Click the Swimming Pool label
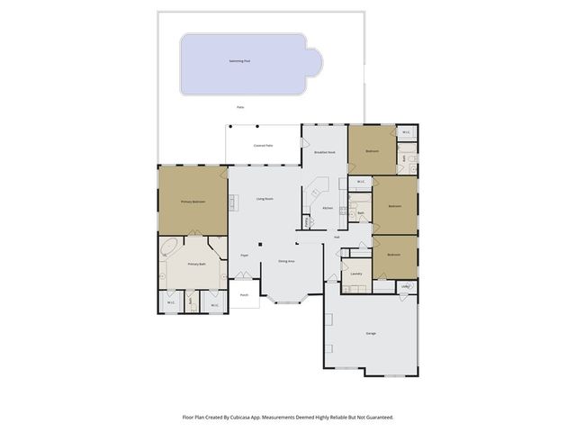tap(241, 60)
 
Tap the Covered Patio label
tap(263, 145)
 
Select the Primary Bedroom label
tap(193, 202)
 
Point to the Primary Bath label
tap(196, 265)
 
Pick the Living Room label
tap(265, 198)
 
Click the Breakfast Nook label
tap(325, 153)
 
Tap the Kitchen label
tap(328, 208)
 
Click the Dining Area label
tap(287, 261)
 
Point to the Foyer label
tap(244, 256)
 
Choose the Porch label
tap(244, 294)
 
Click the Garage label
tap(371, 333)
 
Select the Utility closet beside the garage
tap(406, 287)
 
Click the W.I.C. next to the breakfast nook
tap(360, 182)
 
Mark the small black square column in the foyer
tap(260, 243)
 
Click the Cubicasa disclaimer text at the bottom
tap(287, 417)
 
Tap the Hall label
tap(337, 238)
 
